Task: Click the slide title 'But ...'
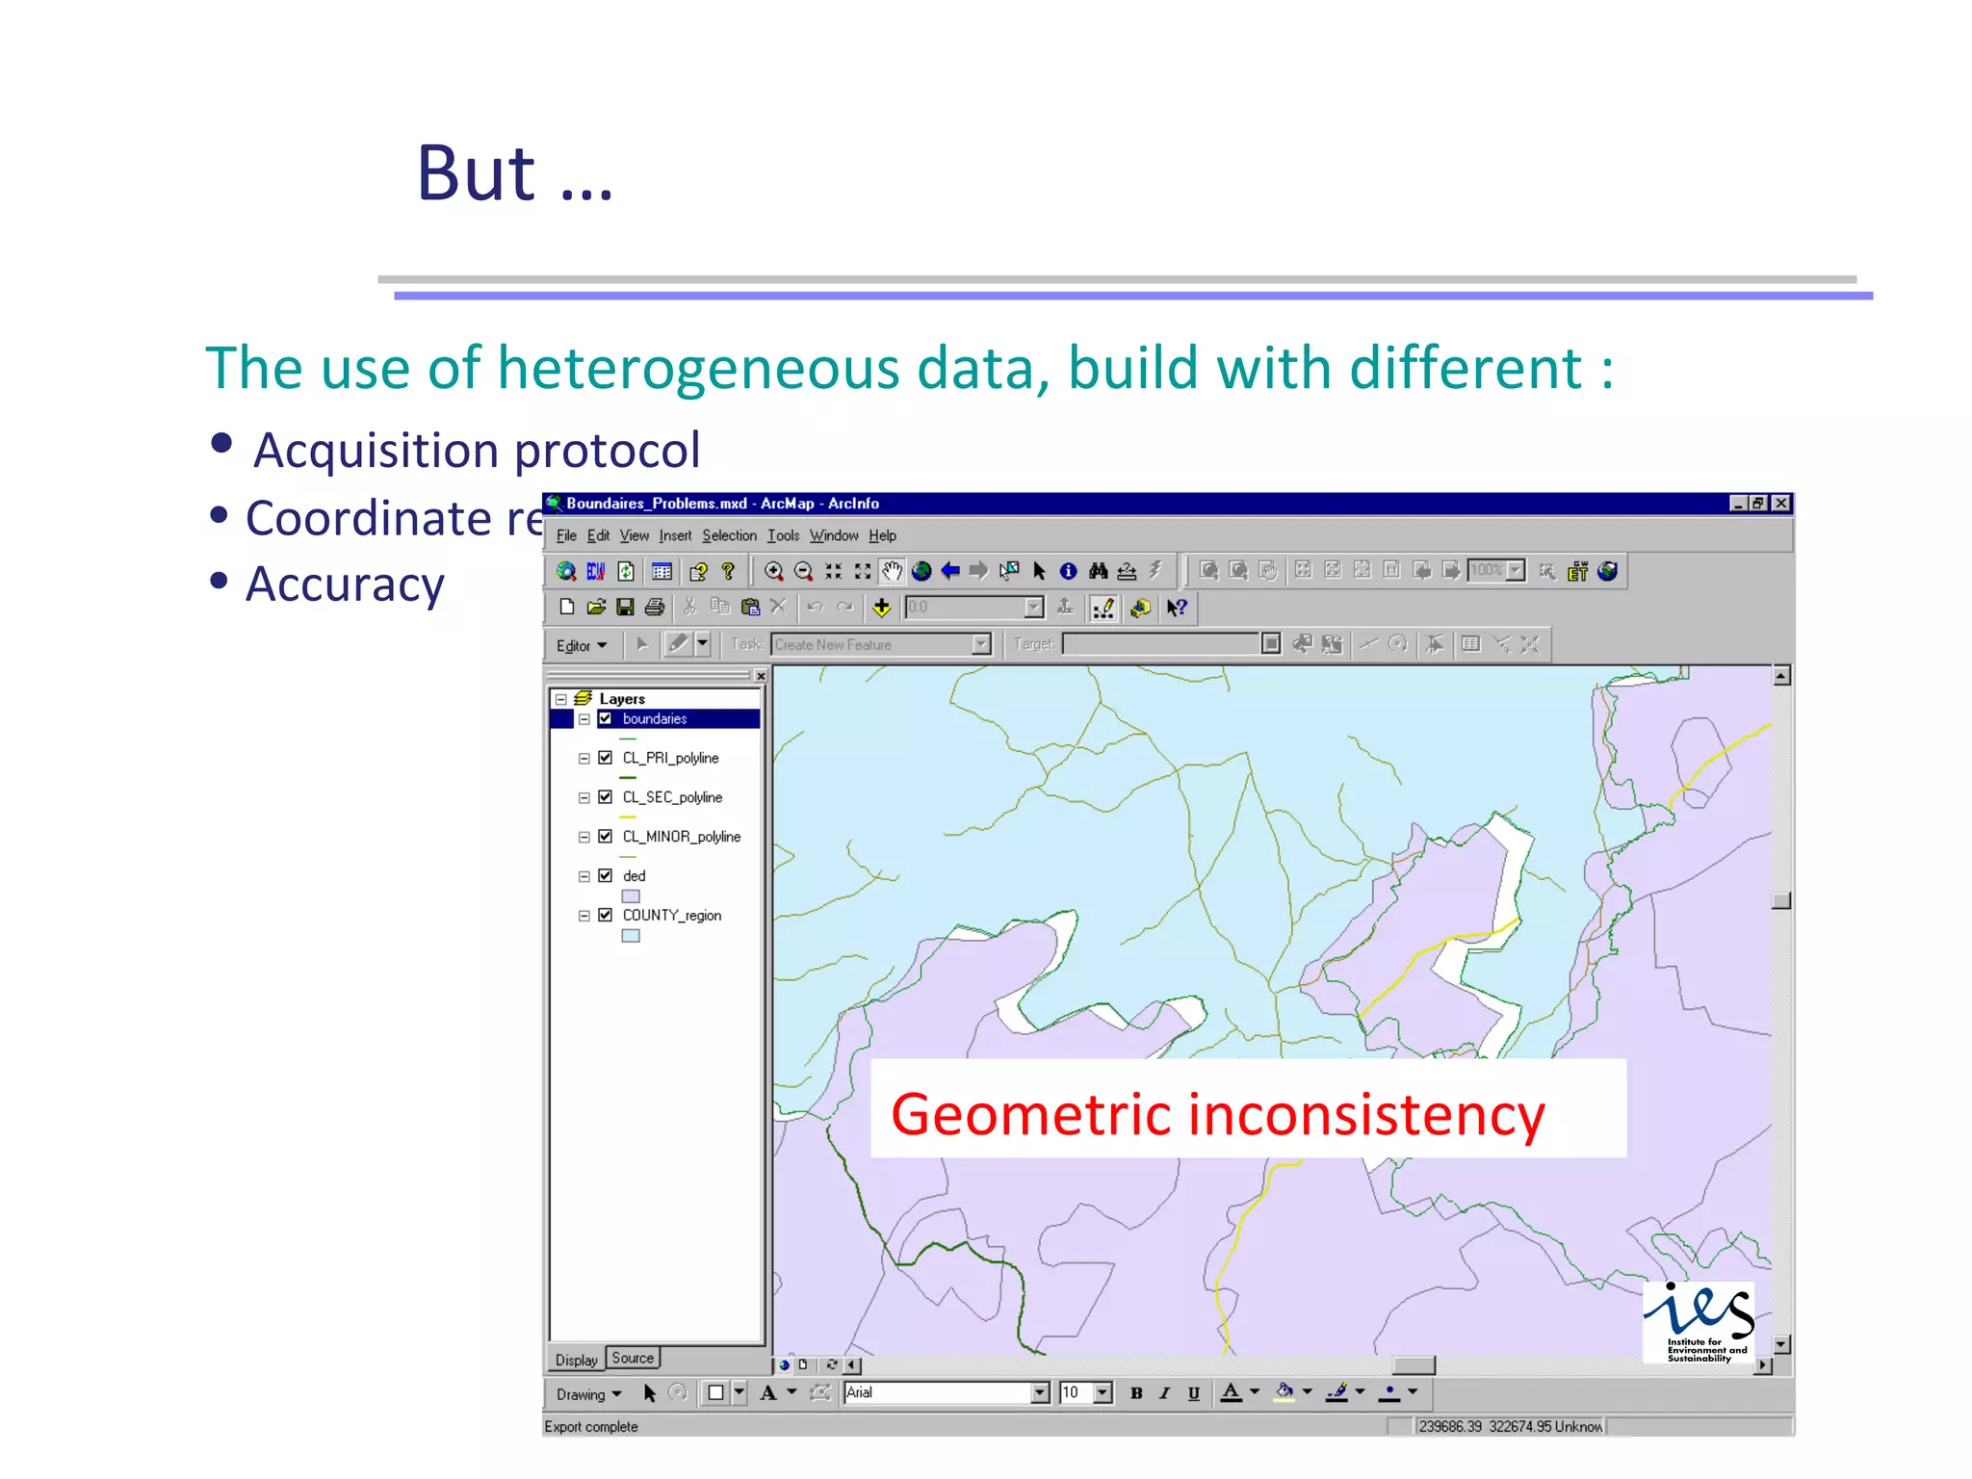(x=514, y=174)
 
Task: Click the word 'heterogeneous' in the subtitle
(x=697, y=369)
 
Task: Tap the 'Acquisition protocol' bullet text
(x=476, y=451)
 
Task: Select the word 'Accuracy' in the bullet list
(x=345, y=584)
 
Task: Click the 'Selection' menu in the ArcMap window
(x=729, y=535)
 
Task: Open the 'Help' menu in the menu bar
(x=882, y=535)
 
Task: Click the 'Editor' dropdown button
(x=581, y=645)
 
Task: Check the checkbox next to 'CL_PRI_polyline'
(x=605, y=758)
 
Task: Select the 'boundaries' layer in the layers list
(x=655, y=718)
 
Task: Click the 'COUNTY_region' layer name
(x=671, y=915)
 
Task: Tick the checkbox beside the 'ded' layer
(x=605, y=875)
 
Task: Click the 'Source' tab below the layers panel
(x=633, y=1358)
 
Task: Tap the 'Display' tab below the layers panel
(x=576, y=1360)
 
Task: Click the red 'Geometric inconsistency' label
(x=1217, y=1115)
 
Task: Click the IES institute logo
(x=1698, y=1321)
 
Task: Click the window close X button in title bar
(x=1780, y=503)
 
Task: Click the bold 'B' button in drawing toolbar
(x=1136, y=1392)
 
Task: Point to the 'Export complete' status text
(x=591, y=1426)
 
